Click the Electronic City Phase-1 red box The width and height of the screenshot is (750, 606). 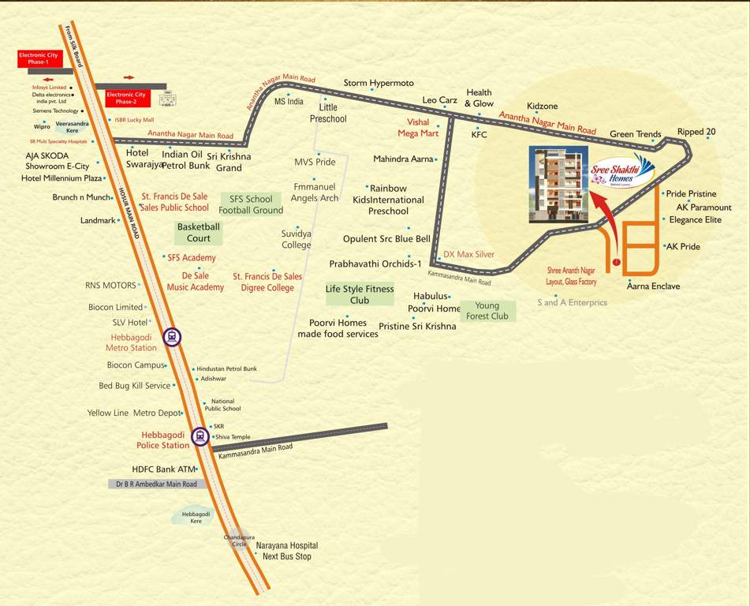pos(39,58)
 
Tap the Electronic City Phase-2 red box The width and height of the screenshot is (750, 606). pos(127,99)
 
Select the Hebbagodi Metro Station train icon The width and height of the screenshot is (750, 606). pos(171,338)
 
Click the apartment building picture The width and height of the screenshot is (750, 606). pos(558,184)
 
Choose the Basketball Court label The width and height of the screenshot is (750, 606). pos(199,232)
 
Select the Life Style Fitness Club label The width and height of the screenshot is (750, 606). pos(360,294)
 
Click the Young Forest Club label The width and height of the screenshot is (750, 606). pos(487,311)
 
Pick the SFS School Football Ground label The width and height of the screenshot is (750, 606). pos(251,204)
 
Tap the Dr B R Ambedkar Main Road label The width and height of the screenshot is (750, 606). pos(156,484)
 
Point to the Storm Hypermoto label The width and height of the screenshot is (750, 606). pos(379,83)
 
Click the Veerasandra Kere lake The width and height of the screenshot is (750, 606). pos(72,126)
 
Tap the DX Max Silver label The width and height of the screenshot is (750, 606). pos(468,254)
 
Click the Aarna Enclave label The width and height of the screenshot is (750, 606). pos(653,286)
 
